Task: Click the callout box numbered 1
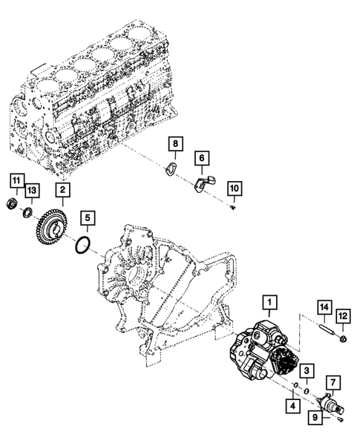click(x=270, y=303)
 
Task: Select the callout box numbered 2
click(x=62, y=190)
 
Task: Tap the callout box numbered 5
click(x=88, y=218)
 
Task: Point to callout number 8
click(x=175, y=144)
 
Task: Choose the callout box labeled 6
click(x=202, y=158)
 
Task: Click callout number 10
click(x=235, y=188)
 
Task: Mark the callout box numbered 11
click(x=17, y=181)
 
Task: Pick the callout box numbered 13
click(x=32, y=191)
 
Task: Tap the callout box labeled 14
click(x=324, y=307)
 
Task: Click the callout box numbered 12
click(x=343, y=316)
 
